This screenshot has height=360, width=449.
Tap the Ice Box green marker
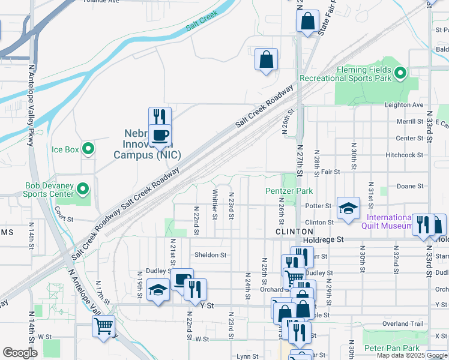point(88,148)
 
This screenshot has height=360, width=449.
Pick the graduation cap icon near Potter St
point(348,208)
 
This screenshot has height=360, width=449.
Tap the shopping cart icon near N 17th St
point(103,326)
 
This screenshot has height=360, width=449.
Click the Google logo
point(20,352)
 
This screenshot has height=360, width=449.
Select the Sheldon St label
point(210,254)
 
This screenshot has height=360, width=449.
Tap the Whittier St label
point(214,204)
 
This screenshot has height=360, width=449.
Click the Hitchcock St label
point(404,155)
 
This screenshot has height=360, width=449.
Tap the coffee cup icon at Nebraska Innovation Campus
point(160,136)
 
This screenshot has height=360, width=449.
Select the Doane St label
point(409,187)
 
